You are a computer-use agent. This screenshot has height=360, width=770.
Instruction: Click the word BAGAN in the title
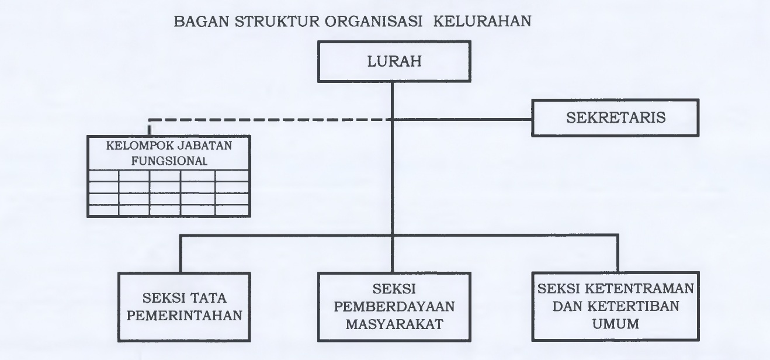coord(202,21)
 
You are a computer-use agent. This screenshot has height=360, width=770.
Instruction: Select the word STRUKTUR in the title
coord(277,21)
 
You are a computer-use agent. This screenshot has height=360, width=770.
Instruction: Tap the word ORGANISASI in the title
coord(373,21)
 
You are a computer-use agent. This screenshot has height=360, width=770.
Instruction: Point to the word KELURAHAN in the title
coord(483,21)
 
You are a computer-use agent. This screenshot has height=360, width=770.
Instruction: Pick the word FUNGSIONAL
coord(169,161)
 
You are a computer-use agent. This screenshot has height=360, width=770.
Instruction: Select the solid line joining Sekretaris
coord(462,120)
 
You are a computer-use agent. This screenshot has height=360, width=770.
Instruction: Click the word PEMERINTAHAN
coord(184,316)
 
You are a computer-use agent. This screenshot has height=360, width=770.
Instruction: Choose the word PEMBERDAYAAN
coord(394,306)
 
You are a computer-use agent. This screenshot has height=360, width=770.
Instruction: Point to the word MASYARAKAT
coord(394,324)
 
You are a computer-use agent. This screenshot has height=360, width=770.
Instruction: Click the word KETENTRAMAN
coord(639,289)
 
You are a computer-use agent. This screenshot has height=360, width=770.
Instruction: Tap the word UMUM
coord(616,324)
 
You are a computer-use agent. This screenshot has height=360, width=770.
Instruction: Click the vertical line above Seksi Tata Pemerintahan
coord(181,254)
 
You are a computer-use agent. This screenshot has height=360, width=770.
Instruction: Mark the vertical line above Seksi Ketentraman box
coord(618,254)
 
